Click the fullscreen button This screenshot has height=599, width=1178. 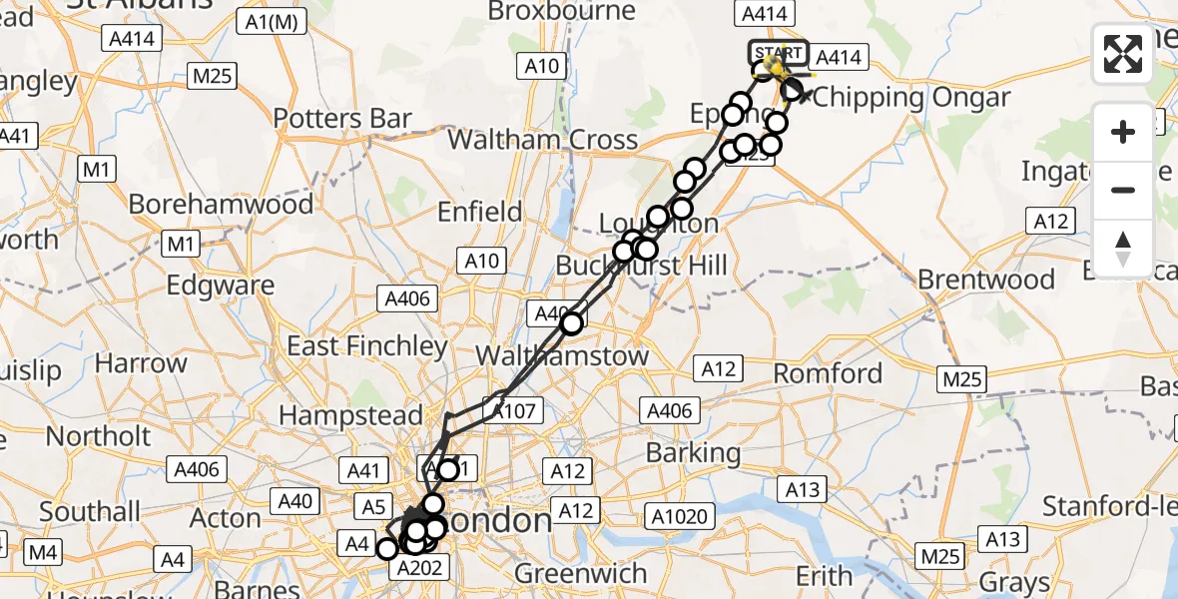click(1123, 54)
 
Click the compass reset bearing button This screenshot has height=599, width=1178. click(1123, 249)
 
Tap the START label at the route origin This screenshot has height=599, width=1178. click(778, 52)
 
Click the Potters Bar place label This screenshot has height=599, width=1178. click(342, 119)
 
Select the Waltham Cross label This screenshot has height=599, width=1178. click(542, 139)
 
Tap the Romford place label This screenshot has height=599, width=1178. click(830, 373)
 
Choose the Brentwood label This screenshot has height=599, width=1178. click(986, 279)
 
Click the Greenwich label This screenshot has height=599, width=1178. click(581, 574)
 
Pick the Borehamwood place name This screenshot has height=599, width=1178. click(221, 204)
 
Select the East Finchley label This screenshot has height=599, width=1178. click(366, 346)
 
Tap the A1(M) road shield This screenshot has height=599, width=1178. click(270, 22)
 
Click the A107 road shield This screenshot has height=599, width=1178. click(513, 408)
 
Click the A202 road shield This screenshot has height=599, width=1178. click(416, 568)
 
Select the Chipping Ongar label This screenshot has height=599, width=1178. click(908, 98)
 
